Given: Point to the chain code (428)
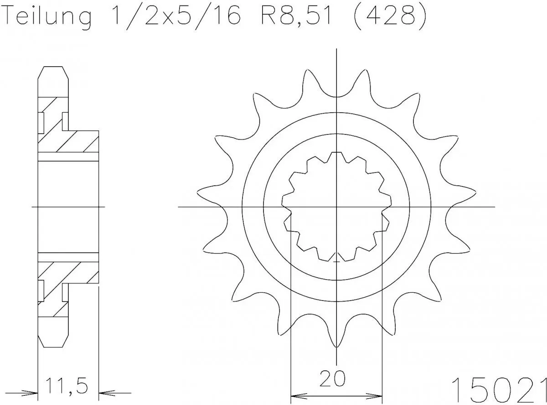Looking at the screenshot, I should [x=390, y=17].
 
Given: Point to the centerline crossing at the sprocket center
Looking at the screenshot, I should [x=336, y=207].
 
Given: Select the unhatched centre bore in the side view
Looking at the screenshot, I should [x=68, y=207].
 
